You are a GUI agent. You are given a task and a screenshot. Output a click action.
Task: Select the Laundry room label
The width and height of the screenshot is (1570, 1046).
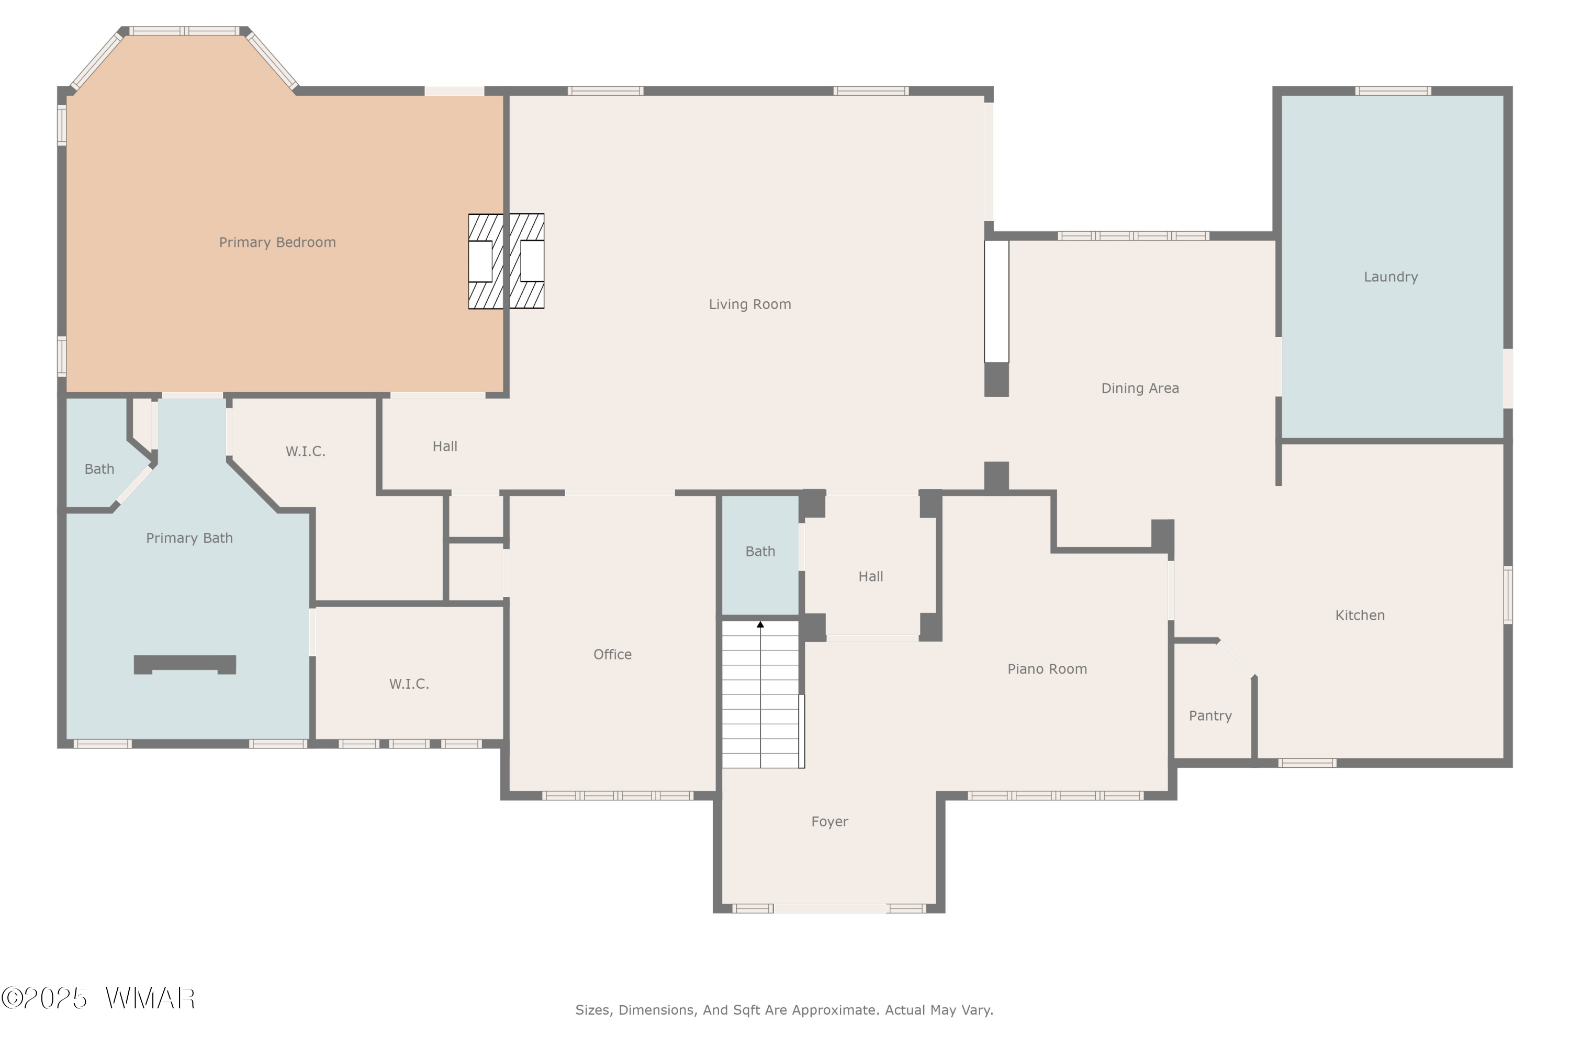coord(1390,277)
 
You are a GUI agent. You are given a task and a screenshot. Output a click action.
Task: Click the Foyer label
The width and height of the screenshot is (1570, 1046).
coord(829,822)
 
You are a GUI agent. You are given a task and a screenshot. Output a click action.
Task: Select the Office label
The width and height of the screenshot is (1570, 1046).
coord(612,654)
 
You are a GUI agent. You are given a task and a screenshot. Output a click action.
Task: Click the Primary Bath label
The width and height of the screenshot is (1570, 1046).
coord(189,538)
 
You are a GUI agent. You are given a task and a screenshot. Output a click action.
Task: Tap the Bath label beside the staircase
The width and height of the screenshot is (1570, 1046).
coord(760,552)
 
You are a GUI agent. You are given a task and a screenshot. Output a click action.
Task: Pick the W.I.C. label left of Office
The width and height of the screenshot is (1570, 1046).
coord(409,684)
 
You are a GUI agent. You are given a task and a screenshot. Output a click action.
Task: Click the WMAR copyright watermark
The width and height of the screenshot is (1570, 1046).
coord(98,998)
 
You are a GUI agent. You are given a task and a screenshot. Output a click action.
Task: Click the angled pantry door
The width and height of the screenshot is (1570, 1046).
coord(1236,659)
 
